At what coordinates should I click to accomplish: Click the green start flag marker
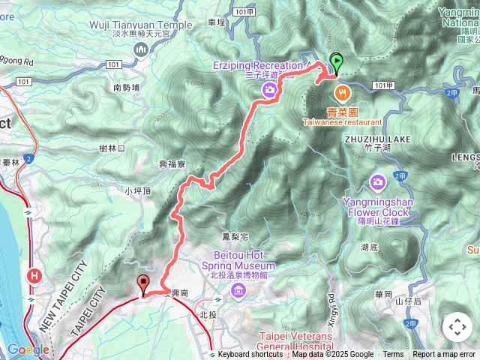337,63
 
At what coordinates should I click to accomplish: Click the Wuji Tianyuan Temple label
141,25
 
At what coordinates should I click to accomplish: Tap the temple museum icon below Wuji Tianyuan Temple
141,49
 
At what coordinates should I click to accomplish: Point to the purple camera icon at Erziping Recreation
268,90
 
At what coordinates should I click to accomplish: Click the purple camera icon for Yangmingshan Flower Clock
377,182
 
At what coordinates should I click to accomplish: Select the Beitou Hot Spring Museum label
238,256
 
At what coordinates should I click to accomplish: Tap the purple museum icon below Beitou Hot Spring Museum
238,290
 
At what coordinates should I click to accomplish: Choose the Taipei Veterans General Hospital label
295,341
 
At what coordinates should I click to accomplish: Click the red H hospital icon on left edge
34,276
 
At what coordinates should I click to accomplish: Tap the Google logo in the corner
28,349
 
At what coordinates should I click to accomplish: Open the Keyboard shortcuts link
250,355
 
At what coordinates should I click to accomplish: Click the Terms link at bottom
393,355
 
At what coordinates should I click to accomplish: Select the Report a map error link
444,355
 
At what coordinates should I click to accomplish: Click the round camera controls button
457,327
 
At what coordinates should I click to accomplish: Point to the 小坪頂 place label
138,191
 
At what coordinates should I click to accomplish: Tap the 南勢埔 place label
127,88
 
